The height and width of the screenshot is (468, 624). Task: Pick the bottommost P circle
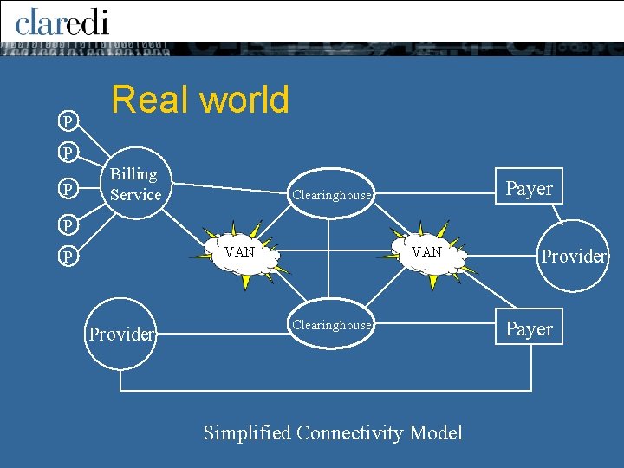coord(66,257)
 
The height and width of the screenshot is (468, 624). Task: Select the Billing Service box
coord(135,184)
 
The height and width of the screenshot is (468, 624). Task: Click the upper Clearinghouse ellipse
coord(331,195)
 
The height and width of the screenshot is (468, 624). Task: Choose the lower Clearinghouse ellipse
coord(331,325)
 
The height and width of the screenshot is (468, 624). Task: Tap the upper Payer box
coord(529,189)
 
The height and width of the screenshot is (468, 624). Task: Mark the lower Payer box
coord(529,328)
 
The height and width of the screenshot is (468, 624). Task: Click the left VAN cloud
coord(239,253)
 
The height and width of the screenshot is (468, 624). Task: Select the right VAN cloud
coord(426,253)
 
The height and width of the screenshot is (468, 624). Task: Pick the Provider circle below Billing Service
coord(122,334)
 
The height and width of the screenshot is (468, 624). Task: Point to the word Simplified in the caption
coord(247,432)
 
